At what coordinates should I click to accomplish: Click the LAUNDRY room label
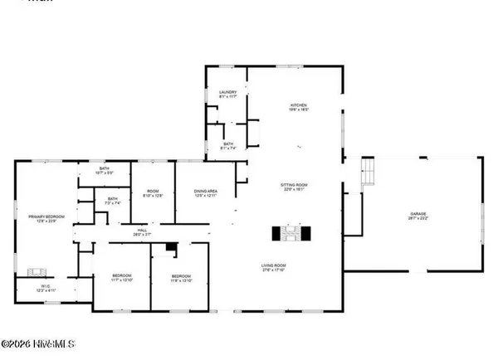pyautogui.click(x=228, y=91)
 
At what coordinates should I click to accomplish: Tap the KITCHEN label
pyautogui.click(x=299, y=105)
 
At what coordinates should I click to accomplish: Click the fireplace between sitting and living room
pyautogui.click(x=291, y=233)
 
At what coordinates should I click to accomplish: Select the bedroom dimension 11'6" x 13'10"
pyautogui.click(x=181, y=281)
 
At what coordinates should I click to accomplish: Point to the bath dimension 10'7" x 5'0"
pyautogui.click(x=104, y=173)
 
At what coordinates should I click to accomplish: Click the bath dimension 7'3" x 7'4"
pyautogui.click(x=113, y=203)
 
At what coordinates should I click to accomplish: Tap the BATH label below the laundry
pyautogui.click(x=228, y=144)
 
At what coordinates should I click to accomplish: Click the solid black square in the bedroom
pyautogui.click(x=170, y=247)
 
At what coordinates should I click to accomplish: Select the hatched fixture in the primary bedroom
pyautogui.click(x=37, y=270)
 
